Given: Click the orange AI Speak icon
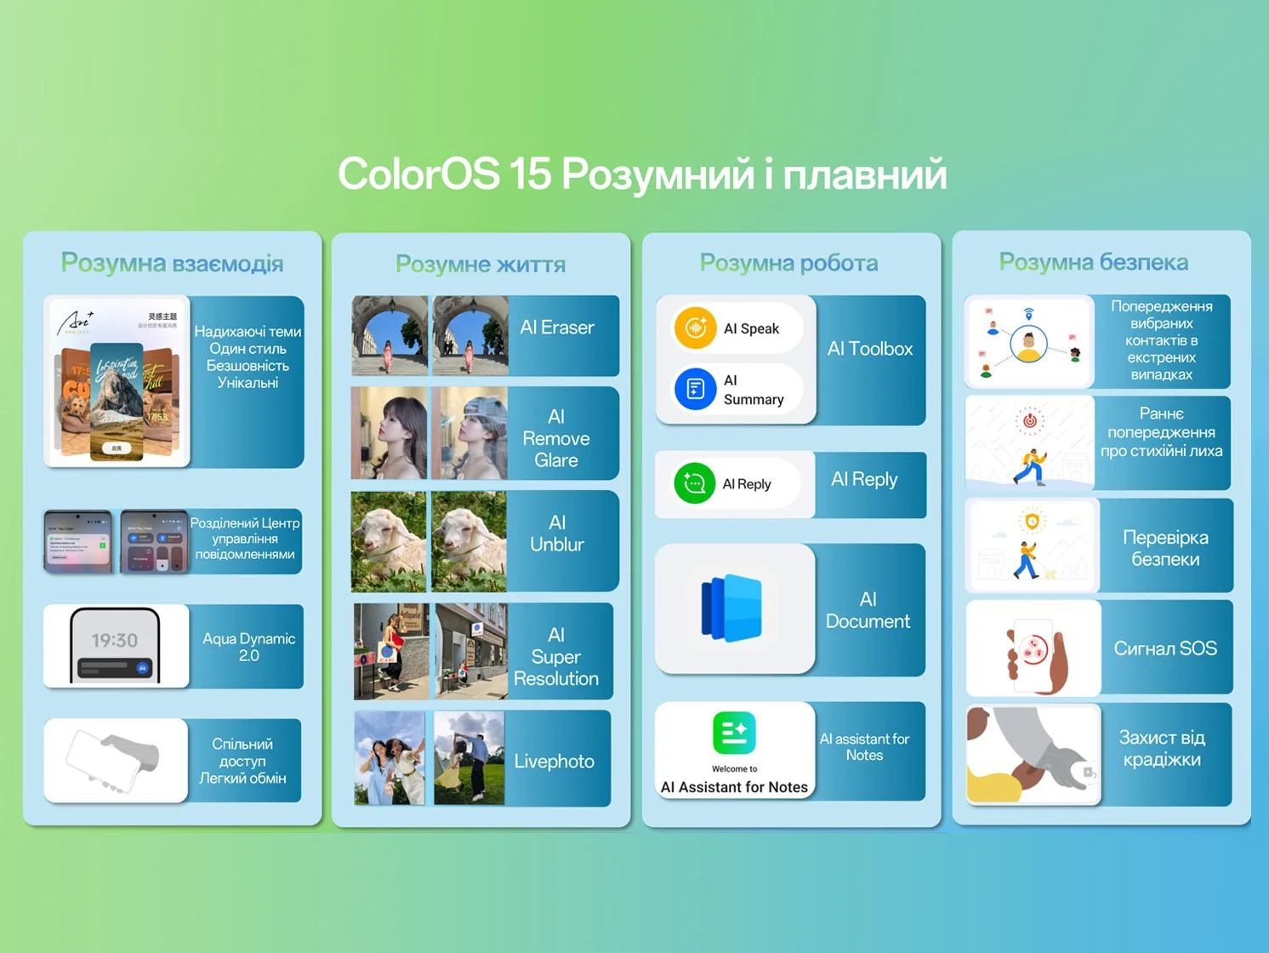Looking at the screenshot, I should coord(695,328).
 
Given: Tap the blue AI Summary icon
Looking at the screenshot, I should coord(695,390).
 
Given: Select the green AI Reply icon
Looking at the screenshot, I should coord(694,483).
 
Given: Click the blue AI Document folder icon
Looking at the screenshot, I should coord(731,608).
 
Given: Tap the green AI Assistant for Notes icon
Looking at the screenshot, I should coord(734,733).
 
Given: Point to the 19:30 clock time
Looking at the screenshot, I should coord(115,640).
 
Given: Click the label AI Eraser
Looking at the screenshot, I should coord(557,328).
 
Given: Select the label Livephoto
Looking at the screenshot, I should coord(554,762).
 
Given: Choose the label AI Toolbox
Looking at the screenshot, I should coord(869,349).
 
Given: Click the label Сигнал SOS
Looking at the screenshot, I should coord(1165,648).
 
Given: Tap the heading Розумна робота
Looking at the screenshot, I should coord(788,263).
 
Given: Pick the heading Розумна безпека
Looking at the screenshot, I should coord(1093,262).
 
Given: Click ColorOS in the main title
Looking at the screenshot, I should coord(418,174).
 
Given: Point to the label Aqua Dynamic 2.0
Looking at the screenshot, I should coord(248,647).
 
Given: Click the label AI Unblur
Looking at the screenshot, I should coord(557,534).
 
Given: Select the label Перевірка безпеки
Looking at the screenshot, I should coord(1165,548).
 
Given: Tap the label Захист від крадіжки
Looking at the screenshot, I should coord(1162,749).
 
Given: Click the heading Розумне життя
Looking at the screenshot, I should coord(481,265).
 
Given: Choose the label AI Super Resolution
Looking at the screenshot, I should coord(556,657).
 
